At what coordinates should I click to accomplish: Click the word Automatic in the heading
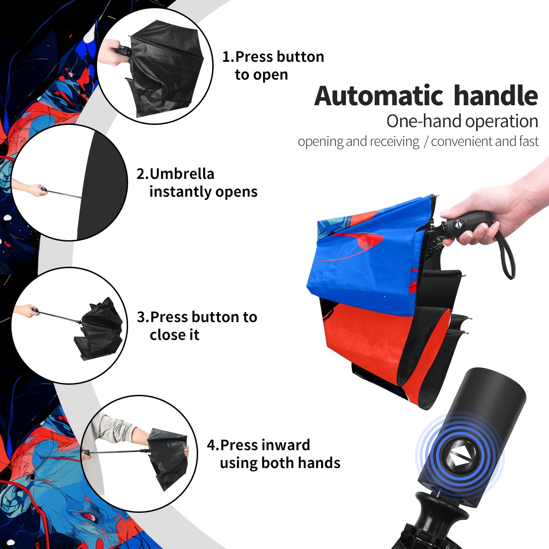coord(379,96)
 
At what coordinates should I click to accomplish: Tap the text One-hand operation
coord(462,121)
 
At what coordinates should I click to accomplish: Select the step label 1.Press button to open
coord(273,65)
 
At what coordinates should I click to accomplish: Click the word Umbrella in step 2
coord(182,174)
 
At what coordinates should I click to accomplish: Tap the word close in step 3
coord(174,335)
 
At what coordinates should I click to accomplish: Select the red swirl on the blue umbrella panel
coord(356,245)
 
